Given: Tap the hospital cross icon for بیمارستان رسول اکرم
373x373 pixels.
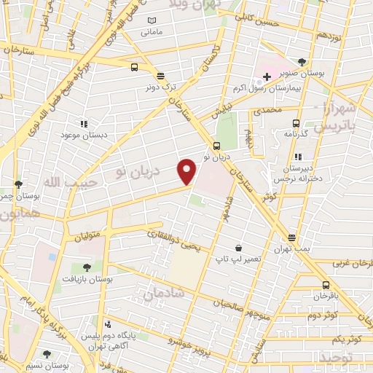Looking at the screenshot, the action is (x=267, y=76).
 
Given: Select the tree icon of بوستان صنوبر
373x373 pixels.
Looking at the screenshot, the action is (x=302, y=62).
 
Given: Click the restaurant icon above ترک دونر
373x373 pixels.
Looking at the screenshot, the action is (x=160, y=75).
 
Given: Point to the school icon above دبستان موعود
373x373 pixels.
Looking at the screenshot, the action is (x=84, y=124).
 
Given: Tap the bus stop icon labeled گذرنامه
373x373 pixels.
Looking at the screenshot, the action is (x=296, y=123).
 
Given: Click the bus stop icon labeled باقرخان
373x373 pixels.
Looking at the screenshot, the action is (x=325, y=285).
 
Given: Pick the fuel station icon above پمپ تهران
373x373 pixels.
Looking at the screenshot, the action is (x=292, y=237).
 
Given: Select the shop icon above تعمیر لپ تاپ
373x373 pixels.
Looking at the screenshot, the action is (x=237, y=248).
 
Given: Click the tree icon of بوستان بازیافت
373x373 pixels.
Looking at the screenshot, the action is (x=87, y=267).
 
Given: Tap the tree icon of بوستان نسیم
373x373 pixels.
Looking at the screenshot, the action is (x=47, y=354).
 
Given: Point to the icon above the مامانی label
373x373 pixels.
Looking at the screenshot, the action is (x=152, y=20).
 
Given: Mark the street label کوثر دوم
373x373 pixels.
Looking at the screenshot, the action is (x=322, y=315).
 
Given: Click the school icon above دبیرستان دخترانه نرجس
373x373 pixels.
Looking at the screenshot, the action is (x=297, y=157).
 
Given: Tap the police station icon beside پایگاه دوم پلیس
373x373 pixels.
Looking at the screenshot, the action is (x=109, y=323).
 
